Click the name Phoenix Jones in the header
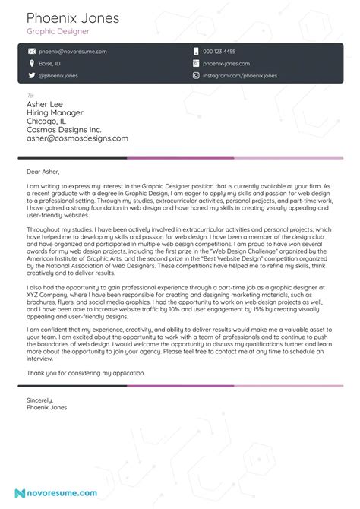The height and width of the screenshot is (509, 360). point(68,17)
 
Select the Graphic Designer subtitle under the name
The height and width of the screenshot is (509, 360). point(58,32)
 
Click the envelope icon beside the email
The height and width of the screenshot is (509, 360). point(32,52)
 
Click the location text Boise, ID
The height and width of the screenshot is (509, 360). point(52,64)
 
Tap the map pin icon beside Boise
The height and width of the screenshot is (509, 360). point(32,64)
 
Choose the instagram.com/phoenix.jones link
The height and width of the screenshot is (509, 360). point(240,76)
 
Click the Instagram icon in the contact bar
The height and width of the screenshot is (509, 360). point(196,76)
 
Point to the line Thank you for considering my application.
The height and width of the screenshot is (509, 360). point(85,373)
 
